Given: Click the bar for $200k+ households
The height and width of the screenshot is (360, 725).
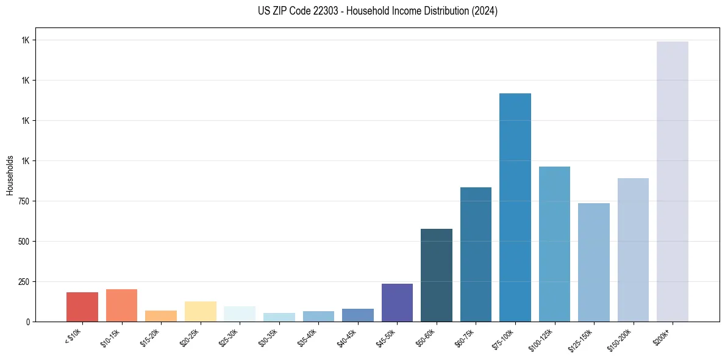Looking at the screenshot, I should (x=672, y=181).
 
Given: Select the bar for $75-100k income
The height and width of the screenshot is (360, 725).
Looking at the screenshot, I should (x=515, y=207).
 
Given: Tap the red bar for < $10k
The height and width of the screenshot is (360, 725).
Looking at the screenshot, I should (x=82, y=307).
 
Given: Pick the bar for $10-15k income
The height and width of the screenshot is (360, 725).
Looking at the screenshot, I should (x=121, y=305).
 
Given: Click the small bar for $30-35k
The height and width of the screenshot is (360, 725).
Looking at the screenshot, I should (x=279, y=317).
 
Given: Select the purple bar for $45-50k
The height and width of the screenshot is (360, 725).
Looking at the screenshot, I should (x=397, y=303).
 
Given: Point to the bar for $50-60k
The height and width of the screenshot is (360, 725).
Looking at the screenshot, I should (x=437, y=275).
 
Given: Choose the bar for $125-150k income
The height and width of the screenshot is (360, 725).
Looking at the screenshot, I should (x=594, y=262).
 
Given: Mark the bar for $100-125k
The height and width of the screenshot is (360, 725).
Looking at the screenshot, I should (x=554, y=244).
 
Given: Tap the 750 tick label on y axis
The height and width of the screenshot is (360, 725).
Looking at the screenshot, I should (x=24, y=201).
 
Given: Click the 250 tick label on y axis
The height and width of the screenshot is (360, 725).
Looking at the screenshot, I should (x=24, y=282).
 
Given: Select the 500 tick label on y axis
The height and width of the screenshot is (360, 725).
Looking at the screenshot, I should (x=24, y=242).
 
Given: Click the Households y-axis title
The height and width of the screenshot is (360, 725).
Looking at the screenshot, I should (x=10, y=175).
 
